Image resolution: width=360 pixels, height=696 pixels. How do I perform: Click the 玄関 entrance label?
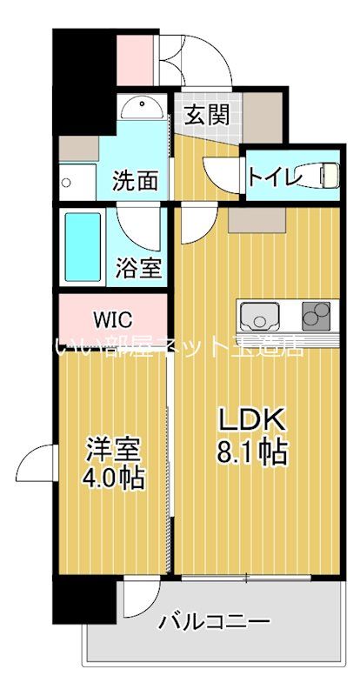point(208,114)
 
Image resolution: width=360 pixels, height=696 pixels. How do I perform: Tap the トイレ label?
point(274,175)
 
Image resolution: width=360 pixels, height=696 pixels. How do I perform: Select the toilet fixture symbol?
point(325,175)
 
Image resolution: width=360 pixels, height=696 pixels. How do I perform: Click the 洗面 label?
point(137,181)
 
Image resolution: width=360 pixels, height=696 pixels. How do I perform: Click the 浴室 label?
point(138,267)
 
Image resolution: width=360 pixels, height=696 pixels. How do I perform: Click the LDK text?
point(251,420)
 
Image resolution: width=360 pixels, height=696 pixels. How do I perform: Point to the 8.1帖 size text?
point(251,453)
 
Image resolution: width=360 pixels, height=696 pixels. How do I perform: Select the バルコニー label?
point(213,623)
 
